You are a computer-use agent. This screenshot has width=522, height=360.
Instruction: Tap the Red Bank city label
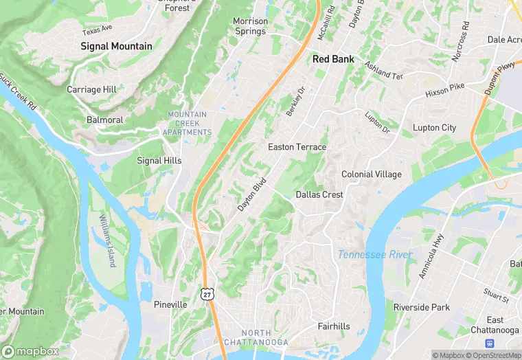click(333, 59)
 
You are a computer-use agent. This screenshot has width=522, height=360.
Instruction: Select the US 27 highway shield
click(206, 293)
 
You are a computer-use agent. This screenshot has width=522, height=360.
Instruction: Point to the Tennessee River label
click(375, 255)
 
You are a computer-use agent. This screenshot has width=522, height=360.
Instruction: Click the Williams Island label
click(107, 240)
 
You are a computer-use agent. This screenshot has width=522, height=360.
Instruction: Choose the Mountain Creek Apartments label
click(188, 123)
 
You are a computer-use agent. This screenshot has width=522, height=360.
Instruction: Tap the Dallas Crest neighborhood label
click(319, 194)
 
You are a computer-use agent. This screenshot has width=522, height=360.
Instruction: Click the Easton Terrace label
click(297, 147)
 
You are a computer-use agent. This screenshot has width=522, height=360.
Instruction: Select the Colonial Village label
click(371, 174)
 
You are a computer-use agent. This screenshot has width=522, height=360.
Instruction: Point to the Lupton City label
click(434, 128)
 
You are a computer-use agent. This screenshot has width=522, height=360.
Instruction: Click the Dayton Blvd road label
click(251, 195)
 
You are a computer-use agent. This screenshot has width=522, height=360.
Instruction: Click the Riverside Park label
click(421, 307)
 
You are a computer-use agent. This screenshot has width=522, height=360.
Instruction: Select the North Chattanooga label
click(256, 337)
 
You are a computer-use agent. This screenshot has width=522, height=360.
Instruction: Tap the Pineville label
click(170, 304)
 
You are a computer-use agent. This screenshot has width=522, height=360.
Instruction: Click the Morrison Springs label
click(249, 26)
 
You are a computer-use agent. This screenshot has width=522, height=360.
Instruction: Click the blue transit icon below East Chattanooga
click(490, 343)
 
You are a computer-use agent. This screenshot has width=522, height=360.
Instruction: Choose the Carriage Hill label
click(91, 89)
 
